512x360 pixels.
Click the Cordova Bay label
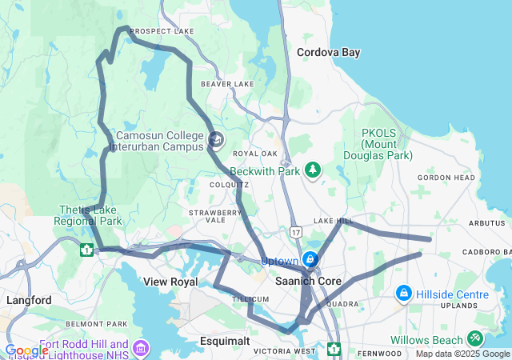coord(328,52)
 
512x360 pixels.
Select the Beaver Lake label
coord(227,83)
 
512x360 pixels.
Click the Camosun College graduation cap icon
coord(214,141)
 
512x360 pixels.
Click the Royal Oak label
coord(254,154)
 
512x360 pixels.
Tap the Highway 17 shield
coord(296,231)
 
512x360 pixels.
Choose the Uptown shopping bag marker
coord(310,260)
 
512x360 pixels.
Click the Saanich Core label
coord(307,282)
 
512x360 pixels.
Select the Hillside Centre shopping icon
coord(403,294)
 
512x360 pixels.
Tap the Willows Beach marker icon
coord(477,339)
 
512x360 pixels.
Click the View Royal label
coord(170,282)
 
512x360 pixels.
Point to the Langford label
coord(29,300)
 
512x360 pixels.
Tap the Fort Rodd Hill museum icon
coord(142,348)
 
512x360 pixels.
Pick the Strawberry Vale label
coord(214,216)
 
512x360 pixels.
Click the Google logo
coord(26,350)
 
